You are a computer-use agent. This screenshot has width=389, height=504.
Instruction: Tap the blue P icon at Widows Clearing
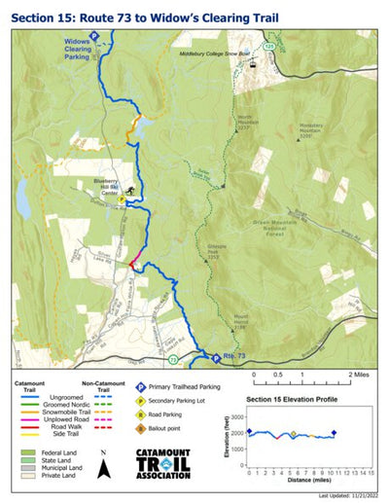94,35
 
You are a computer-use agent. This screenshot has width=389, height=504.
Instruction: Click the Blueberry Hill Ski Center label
104,186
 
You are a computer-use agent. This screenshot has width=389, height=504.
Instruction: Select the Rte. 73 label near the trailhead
225,359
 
